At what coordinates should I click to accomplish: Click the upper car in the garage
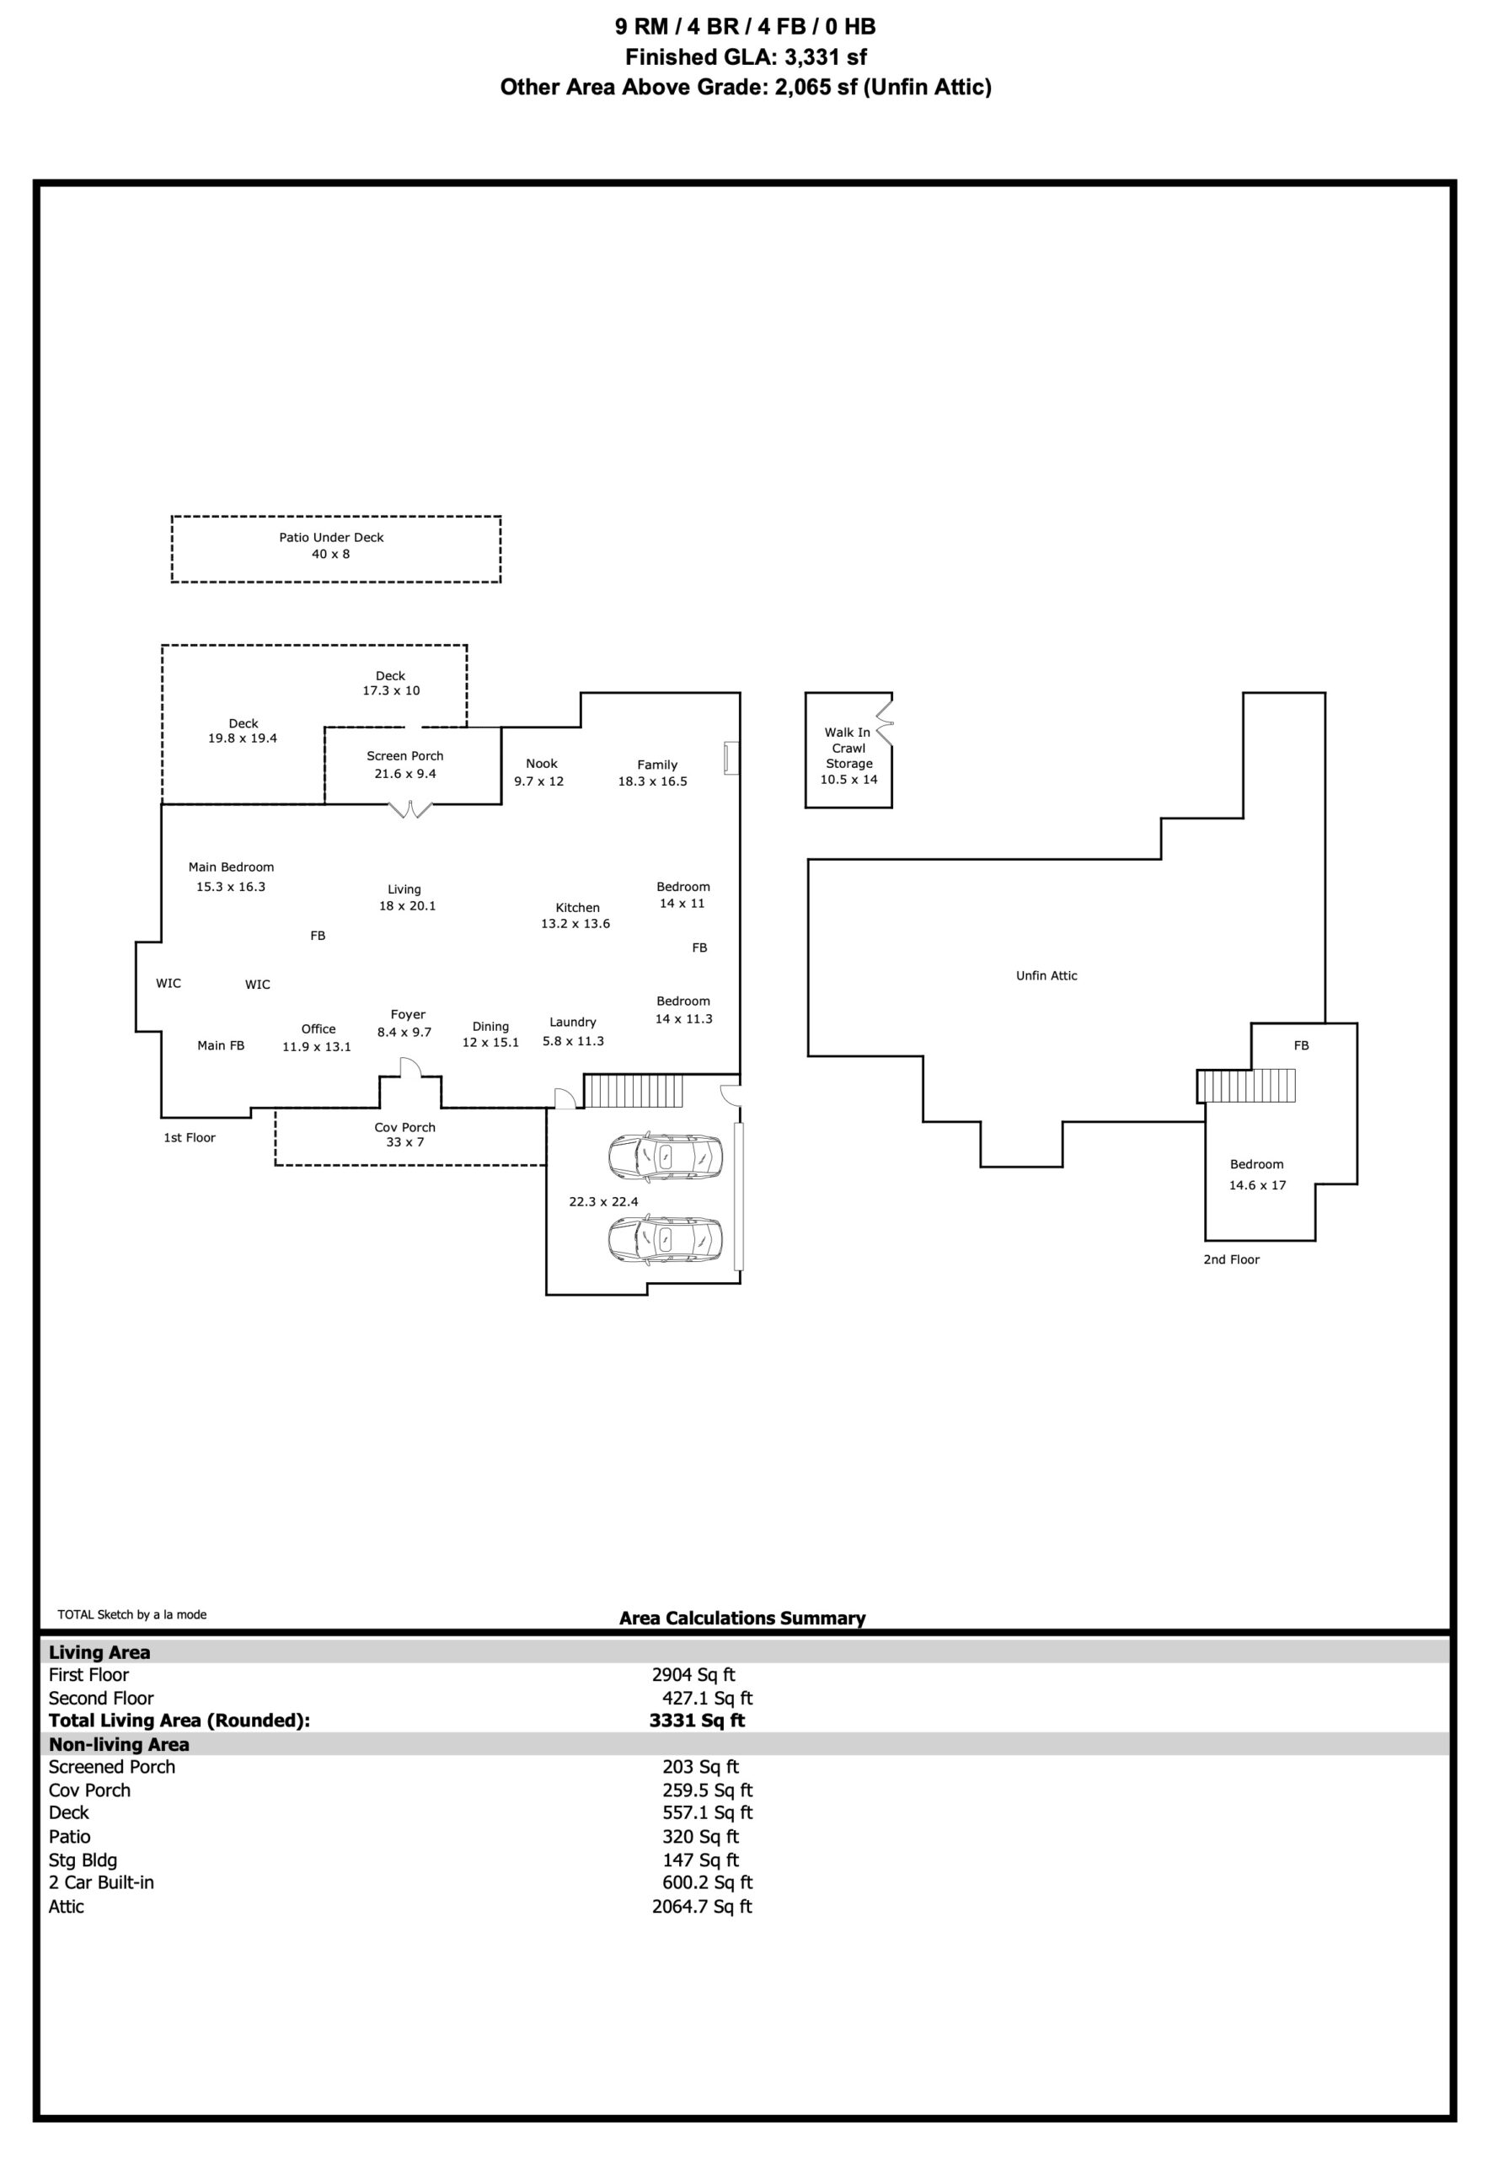665,1157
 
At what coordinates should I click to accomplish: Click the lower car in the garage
665,1239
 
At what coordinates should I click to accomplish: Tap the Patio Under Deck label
331,537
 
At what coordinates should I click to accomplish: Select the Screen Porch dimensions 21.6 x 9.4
404,773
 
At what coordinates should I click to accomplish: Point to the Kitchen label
577,907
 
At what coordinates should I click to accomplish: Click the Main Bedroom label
231,867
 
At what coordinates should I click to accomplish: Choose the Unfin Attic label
1046,975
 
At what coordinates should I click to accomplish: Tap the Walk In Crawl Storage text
848,748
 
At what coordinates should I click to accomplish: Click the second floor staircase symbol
1245,1086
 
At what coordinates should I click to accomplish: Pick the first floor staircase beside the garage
634,1090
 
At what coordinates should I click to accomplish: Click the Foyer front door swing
410,1067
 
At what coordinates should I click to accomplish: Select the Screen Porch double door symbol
411,809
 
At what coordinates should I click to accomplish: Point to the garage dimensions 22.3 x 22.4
603,1201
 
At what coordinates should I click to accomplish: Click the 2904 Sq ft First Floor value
693,1675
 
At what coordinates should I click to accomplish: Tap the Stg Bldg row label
83,1860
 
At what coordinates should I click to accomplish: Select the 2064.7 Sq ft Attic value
701,1906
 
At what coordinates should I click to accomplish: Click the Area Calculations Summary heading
742,1618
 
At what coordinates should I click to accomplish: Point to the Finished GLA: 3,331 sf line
746,56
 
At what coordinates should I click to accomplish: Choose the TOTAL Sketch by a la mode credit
132,1614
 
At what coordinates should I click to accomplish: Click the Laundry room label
572,1023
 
